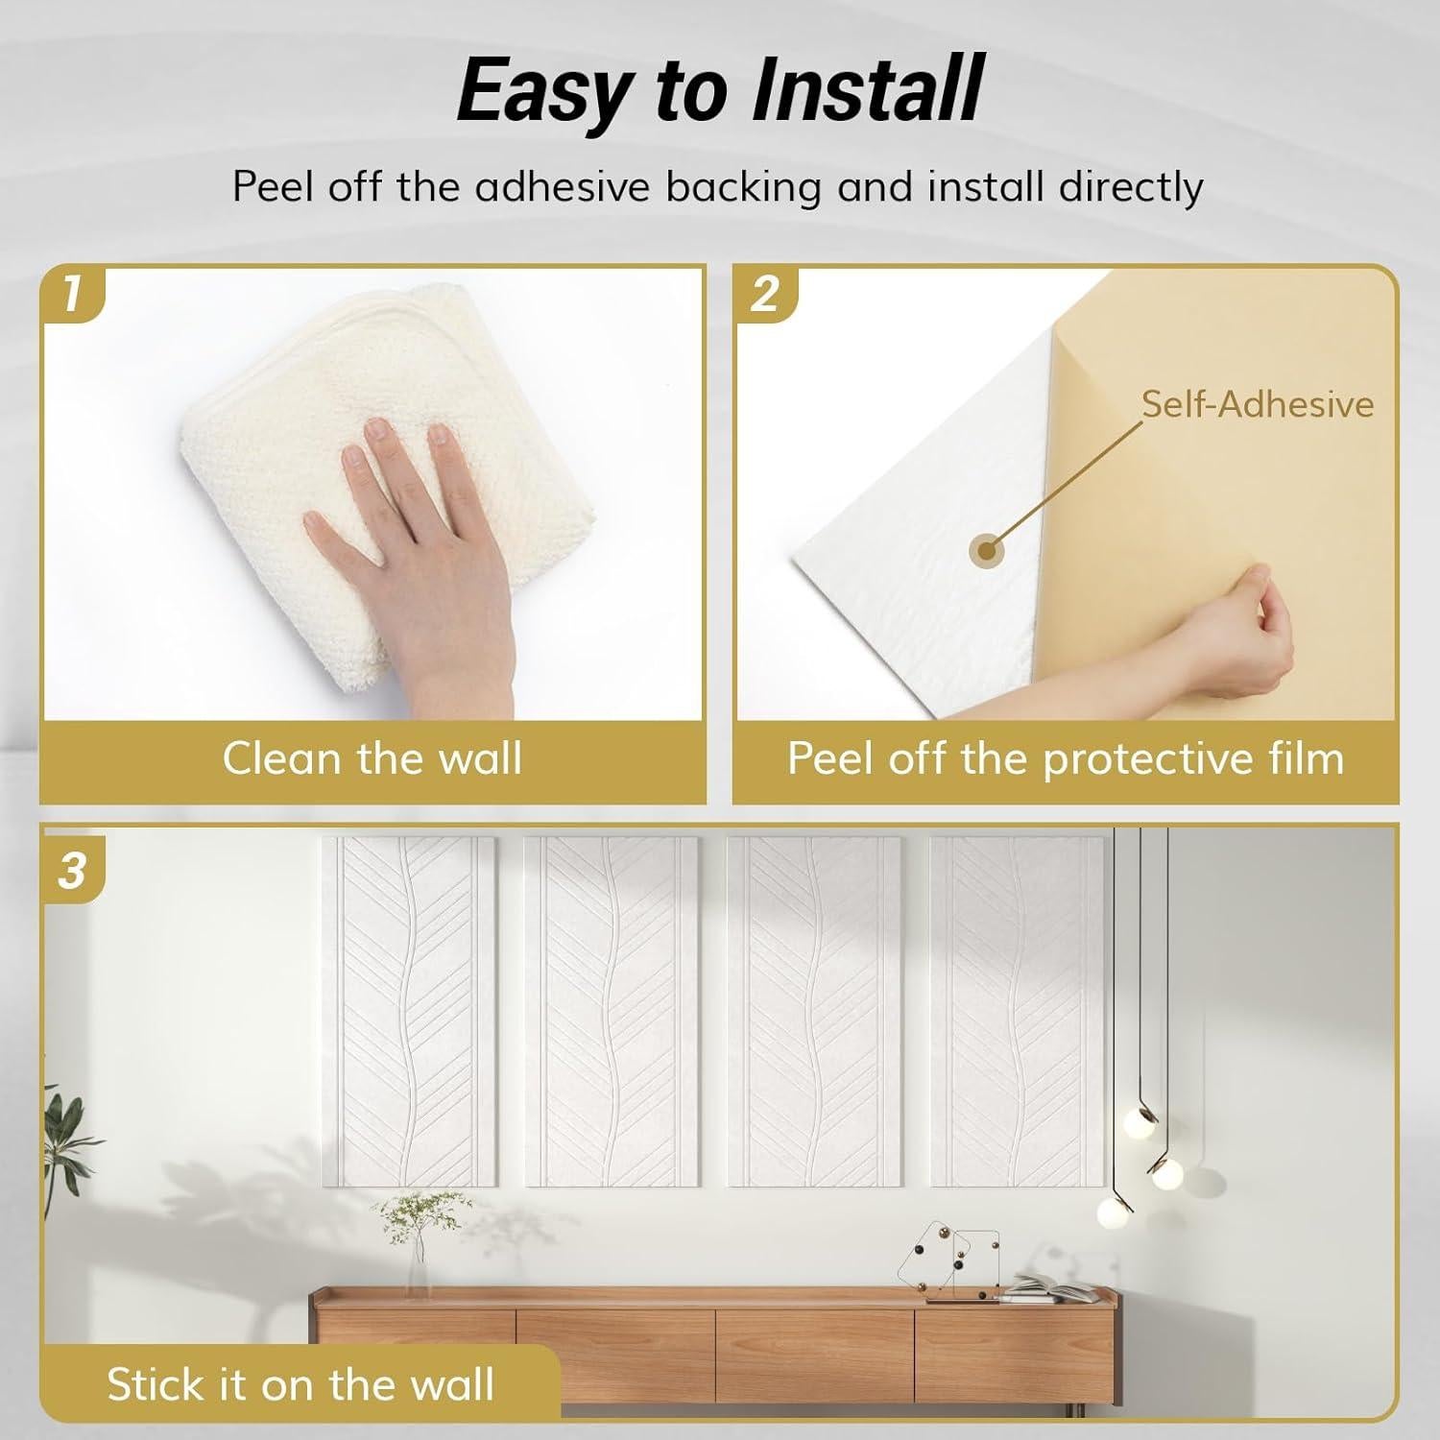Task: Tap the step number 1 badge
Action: click(71, 293)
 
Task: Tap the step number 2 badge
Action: click(764, 293)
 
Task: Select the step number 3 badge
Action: click(72, 872)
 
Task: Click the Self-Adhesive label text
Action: click(1257, 404)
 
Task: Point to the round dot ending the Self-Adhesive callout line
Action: click(985, 550)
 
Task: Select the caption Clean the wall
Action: click(372, 758)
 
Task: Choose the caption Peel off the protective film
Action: click(1065, 758)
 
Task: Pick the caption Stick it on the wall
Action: click(300, 1384)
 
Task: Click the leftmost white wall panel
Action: click(409, 1008)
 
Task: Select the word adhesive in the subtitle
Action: click(562, 186)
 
